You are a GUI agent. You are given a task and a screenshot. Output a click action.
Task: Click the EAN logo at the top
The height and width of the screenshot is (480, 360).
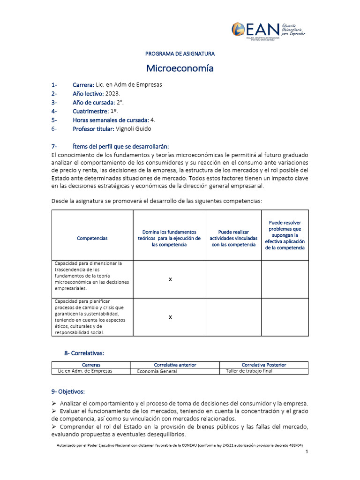pos(269,30)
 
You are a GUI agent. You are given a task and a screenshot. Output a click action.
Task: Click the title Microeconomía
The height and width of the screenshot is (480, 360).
pos(180,68)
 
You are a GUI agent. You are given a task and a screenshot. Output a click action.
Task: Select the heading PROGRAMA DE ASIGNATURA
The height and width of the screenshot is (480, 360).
pos(180,54)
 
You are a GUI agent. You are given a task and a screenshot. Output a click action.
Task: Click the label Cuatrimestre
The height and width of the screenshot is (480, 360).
pos(90,111)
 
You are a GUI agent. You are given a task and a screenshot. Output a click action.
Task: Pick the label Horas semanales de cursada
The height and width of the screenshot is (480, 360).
pos(111,120)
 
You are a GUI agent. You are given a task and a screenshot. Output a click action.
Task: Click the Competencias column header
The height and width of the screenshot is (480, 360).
pos(92,238)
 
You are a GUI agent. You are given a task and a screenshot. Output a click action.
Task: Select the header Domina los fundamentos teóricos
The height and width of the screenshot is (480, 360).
pos(169,238)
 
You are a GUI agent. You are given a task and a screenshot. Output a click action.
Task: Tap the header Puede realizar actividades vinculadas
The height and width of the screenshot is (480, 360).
pos(233,238)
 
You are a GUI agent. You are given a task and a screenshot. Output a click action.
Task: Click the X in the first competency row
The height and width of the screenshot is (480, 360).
pos(170,279)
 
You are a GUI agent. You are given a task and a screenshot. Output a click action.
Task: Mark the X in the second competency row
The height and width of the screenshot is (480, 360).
pos(170,317)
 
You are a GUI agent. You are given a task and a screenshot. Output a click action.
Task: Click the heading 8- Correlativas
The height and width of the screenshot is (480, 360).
pos(84,352)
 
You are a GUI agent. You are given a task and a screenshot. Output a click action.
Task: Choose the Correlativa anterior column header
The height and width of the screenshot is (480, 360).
pos(175,365)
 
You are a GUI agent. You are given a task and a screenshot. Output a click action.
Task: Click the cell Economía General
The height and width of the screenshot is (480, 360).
pos(157,371)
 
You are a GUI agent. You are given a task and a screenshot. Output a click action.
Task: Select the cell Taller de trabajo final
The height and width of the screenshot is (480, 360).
pos(248,371)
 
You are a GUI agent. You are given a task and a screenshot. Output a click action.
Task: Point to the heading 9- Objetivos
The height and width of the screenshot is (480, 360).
pos(68,391)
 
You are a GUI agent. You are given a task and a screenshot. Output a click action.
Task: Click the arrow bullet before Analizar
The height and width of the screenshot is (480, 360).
pos(54,404)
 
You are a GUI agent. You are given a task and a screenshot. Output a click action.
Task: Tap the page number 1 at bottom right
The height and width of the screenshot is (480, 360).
pos(306,452)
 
